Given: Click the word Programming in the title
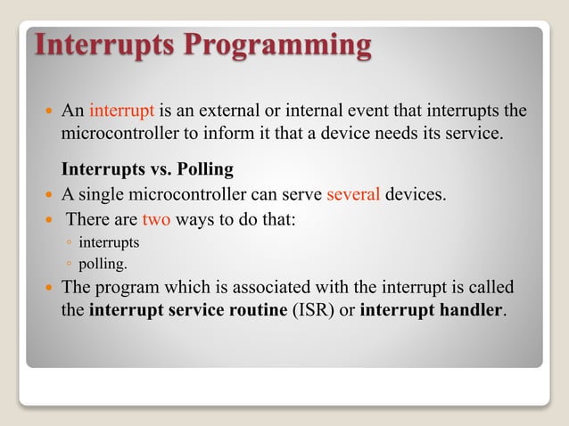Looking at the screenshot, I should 278,45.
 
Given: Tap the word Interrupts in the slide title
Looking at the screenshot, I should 105,45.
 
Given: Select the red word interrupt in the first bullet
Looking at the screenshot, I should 122,111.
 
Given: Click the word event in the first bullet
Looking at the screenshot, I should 380,111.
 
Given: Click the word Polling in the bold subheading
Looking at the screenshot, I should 207,170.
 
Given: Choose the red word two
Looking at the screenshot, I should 156,219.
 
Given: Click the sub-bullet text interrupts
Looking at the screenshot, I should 109,242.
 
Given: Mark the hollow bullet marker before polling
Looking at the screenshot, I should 69,265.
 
